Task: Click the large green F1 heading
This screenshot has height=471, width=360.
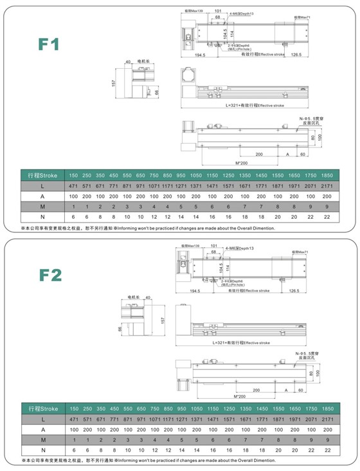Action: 49,44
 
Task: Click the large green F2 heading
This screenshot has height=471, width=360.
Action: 49,275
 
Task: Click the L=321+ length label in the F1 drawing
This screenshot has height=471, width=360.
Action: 250,104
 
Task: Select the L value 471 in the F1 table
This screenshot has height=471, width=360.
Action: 73,185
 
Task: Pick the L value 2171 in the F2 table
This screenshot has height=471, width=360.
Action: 327,420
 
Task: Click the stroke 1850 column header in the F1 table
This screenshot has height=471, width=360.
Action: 327,175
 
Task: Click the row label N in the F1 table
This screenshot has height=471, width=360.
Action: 42,216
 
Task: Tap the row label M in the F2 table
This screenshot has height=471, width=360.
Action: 42,439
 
